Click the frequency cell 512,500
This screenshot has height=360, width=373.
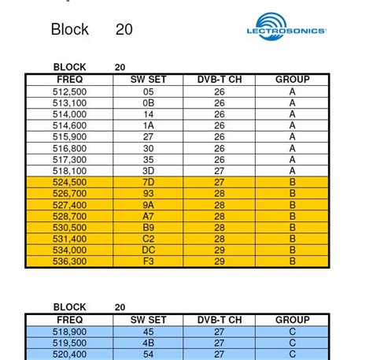click(x=69, y=91)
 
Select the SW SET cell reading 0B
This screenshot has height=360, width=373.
click(x=148, y=102)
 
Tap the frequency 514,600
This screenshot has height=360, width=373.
click(x=69, y=125)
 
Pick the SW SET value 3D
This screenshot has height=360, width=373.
click(x=148, y=170)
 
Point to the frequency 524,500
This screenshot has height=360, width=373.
click(x=69, y=182)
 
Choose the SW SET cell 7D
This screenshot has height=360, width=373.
click(x=148, y=182)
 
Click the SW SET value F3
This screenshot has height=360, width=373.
click(x=148, y=262)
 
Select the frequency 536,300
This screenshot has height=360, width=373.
click(x=69, y=262)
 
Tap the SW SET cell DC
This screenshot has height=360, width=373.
click(x=148, y=251)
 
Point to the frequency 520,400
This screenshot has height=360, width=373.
click(x=69, y=355)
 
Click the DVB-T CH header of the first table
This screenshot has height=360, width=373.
click(x=220, y=80)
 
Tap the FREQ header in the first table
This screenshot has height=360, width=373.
click(x=69, y=80)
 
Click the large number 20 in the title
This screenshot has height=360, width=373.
click(x=124, y=30)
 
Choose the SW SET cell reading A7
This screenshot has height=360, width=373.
click(x=148, y=216)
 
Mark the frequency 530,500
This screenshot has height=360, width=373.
click(x=69, y=228)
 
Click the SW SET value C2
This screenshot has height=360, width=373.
click(x=148, y=239)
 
